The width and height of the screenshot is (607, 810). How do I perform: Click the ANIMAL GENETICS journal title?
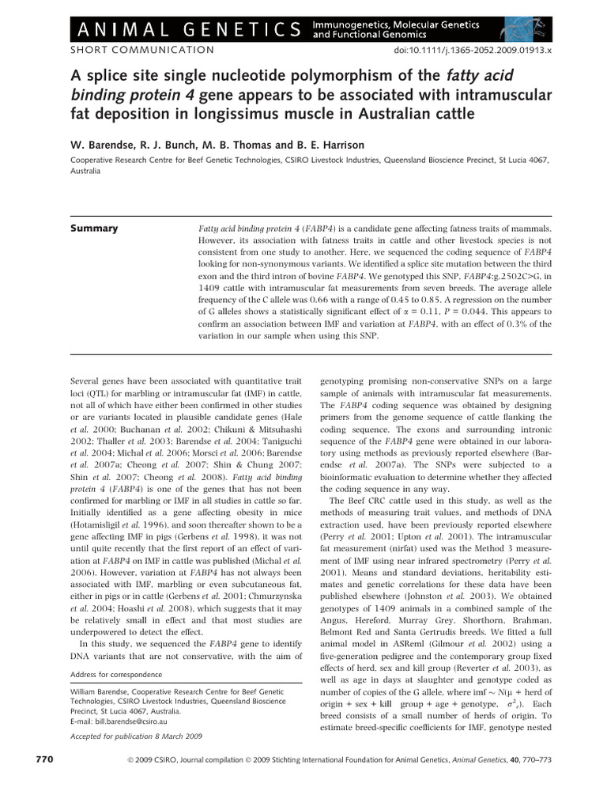(167, 29)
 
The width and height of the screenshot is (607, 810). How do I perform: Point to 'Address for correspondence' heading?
(116, 674)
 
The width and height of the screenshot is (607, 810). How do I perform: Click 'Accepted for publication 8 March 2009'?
(137, 736)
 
